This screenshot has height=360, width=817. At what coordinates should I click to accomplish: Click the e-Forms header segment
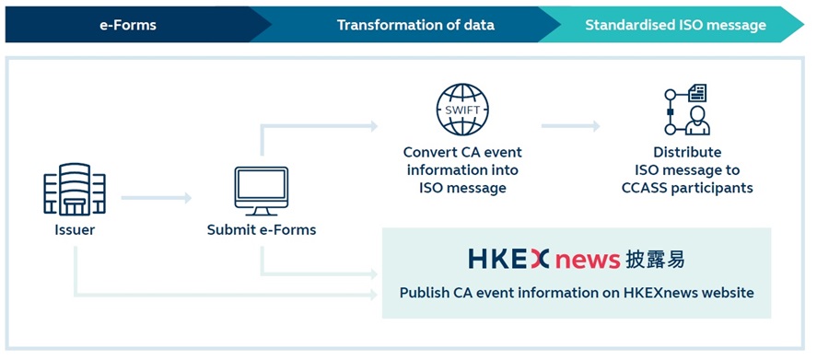pyautogui.click(x=128, y=25)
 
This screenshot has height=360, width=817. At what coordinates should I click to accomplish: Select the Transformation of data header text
pyautogui.click(x=415, y=25)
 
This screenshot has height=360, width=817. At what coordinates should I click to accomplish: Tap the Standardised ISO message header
pyautogui.click(x=675, y=25)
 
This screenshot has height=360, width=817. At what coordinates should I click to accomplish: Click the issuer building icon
pyautogui.click(x=75, y=189)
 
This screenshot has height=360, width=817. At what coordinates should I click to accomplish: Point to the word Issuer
pyautogui.click(x=75, y=229)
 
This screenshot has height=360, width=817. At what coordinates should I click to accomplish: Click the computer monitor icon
pyautogui.click(x=261, y=192)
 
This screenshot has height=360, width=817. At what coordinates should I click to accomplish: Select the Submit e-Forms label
pyautogui.click(x=261, y=229)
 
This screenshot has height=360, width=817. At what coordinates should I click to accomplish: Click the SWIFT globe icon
pyautogui.click(x=462, y=110)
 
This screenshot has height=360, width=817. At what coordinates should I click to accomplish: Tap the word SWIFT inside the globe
pyautogui.click(x=462, y=110)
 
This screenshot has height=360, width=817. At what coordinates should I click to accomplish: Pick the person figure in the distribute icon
pyautogui.click(x=697, y=121)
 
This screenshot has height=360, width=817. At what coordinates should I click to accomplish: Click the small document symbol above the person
pyautogui.click(x=697, y=93)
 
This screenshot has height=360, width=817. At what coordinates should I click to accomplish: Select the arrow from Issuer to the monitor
pyautogui.click(x=157, y=197)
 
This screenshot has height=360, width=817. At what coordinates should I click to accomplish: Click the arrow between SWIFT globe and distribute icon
pyautogui.click(x=570, y=125)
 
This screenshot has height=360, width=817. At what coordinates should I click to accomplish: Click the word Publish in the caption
pyautogui.click(x=422, y=293)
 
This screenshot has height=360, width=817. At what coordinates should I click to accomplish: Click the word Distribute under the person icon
pyautogui.click(x=687, y=152)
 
